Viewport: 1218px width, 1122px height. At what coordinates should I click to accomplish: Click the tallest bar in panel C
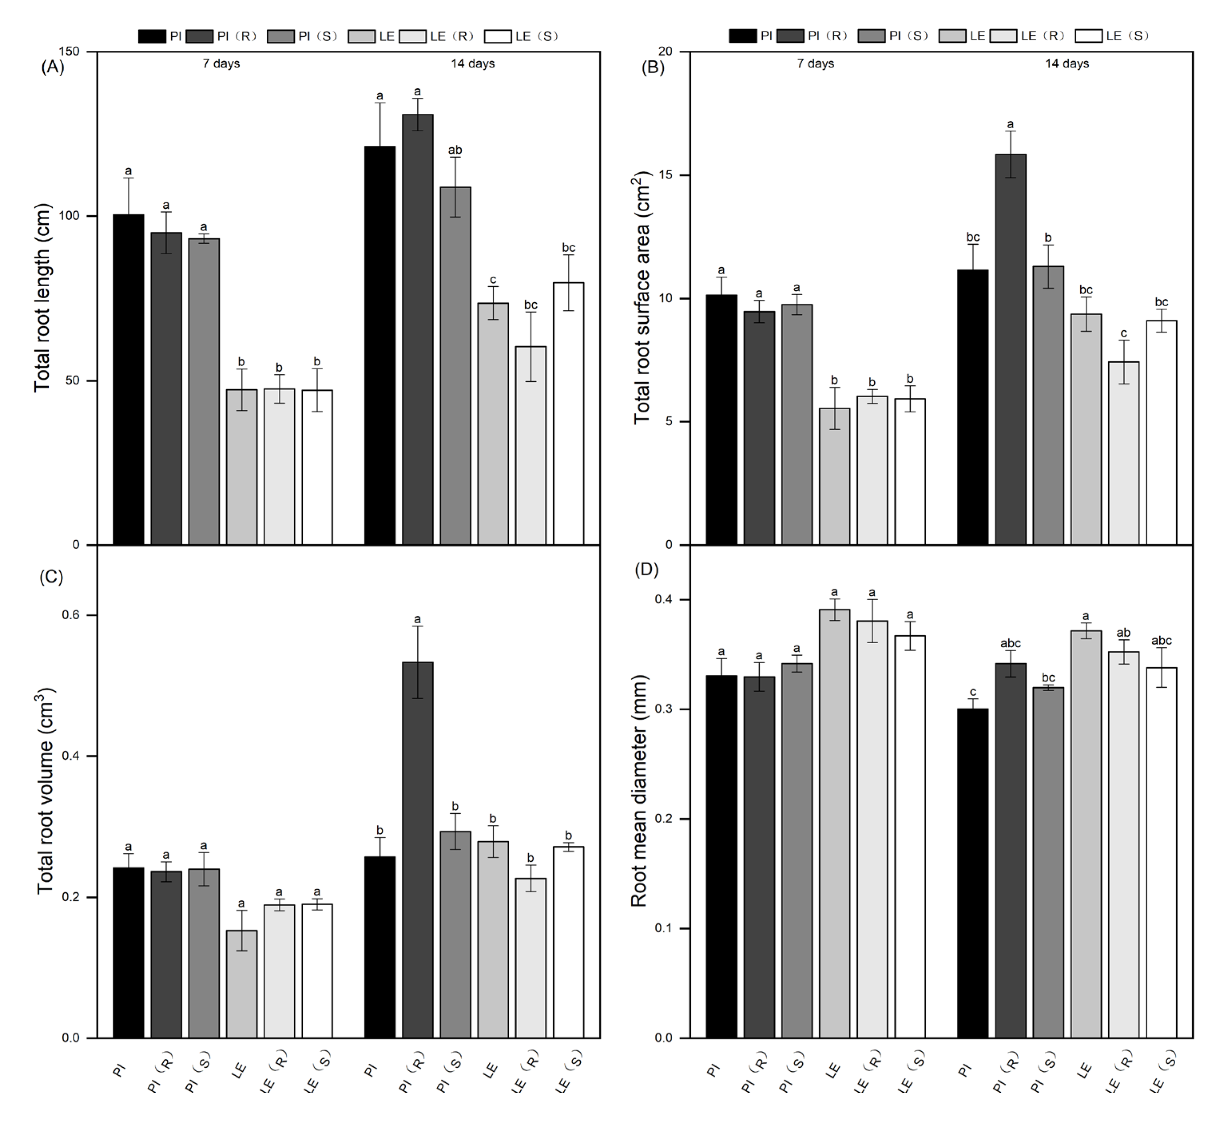417,850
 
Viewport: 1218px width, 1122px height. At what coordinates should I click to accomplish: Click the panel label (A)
52,67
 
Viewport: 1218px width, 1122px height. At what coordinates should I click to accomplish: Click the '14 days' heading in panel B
1066,64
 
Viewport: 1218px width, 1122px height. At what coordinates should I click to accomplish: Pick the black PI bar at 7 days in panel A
128,379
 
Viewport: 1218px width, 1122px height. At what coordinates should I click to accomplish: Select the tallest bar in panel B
1010,349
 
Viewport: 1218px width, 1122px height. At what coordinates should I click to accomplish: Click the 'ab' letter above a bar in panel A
455,150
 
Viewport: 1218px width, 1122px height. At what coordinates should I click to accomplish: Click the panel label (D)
646,569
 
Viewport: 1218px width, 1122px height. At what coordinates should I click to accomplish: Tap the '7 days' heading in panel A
221,64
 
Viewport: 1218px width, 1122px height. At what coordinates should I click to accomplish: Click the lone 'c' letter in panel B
1123,333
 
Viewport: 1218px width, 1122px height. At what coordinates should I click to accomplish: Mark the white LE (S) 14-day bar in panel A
568,413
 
